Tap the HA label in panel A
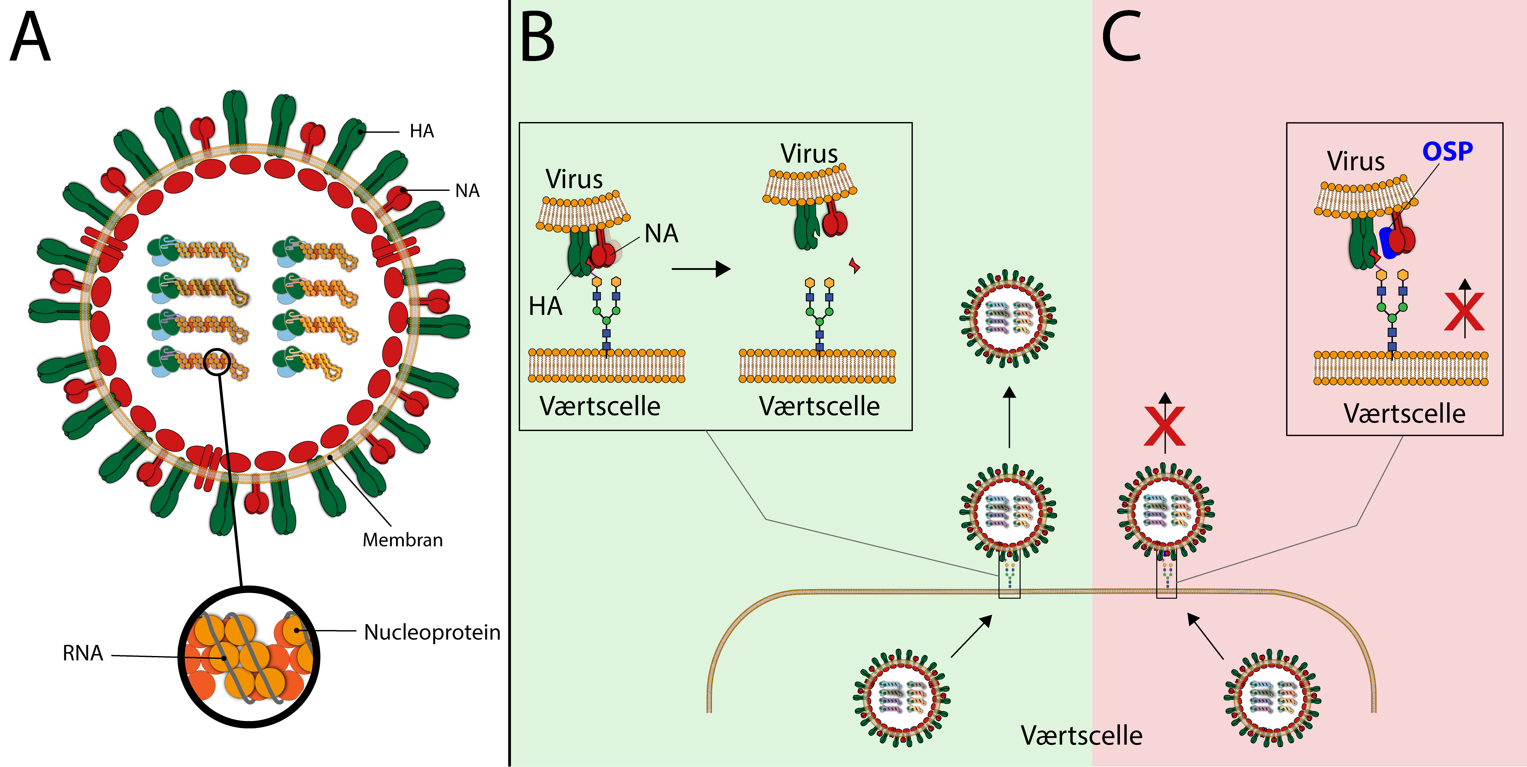(x=421, y=131)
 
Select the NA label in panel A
(x=467, y=191)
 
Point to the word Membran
(x=403, y=540)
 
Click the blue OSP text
(x=1447, y=152)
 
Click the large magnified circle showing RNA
(x=249, y=657)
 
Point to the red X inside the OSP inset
(x=1464, y=312)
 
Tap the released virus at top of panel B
(x=1008, y=318)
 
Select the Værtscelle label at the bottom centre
(x=1081, y=736)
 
